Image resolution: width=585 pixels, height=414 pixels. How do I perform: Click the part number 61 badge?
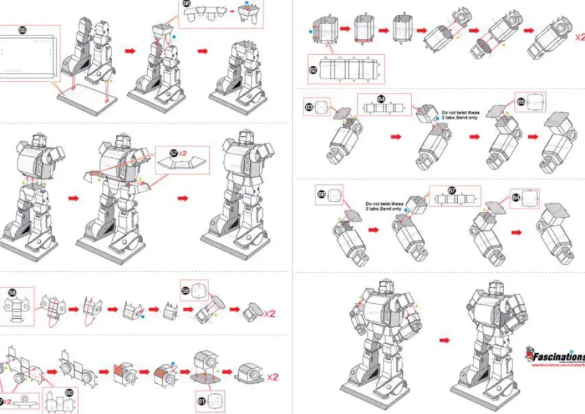tap(201, 398)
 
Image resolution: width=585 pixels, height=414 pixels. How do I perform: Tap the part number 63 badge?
tap(310, 108)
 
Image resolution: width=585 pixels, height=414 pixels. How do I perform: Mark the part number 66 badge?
tap(322, 195)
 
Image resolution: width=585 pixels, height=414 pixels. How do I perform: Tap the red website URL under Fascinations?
tap(558, 365)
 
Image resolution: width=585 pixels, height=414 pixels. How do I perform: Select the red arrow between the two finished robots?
tap(444, 340)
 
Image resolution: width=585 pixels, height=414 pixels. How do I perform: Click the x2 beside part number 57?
tap(183, 152)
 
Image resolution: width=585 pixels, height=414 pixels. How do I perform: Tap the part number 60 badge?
tap(69, 392)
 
